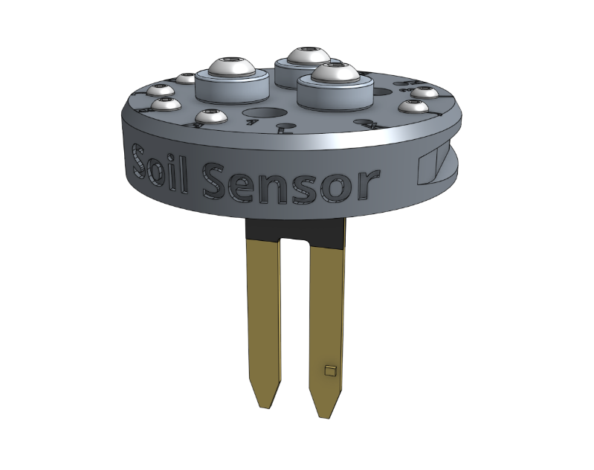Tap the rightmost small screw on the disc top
point(424,93)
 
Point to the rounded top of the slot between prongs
point(294,242)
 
